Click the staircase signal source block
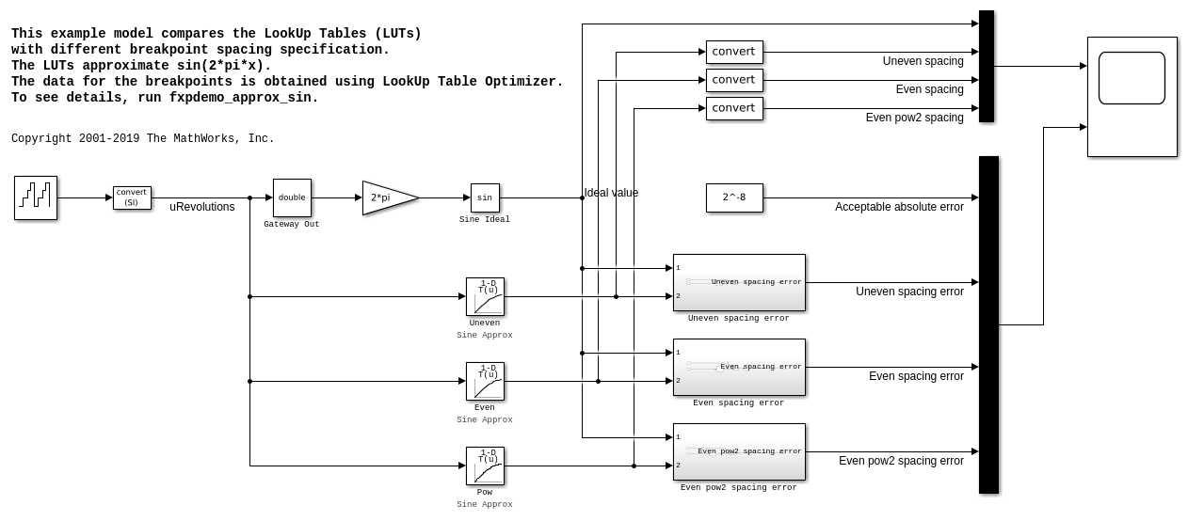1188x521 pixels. [36, 197]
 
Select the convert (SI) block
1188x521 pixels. [132, 197]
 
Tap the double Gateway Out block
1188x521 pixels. [292, 197]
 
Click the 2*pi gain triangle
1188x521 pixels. [387, 197]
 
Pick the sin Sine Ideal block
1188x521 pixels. [485, 197]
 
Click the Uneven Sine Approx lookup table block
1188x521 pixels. [485, 296]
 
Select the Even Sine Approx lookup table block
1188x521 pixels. [485, 381]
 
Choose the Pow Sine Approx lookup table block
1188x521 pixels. [485, 466]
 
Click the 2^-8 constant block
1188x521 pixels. [734, 197]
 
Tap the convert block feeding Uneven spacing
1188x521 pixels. [734, 52]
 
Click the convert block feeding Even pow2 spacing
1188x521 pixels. [734, 108]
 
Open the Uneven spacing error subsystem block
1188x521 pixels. [739, 282]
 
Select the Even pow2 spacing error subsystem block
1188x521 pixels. [739, 451]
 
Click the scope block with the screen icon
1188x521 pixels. [1132, 96]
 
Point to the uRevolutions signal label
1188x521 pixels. [202, 207]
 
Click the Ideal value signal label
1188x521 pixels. [612, 193]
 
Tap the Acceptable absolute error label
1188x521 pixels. [899, 207]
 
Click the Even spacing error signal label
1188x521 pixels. [916, 376]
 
